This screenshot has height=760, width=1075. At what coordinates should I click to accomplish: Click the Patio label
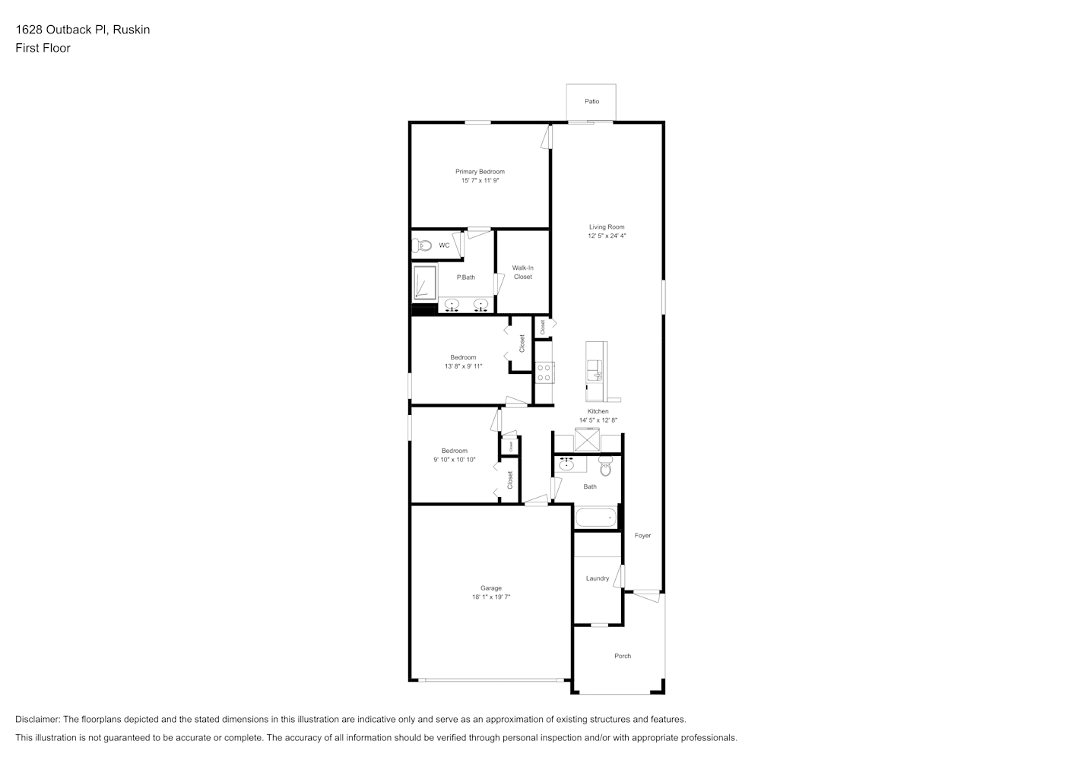point(591,101)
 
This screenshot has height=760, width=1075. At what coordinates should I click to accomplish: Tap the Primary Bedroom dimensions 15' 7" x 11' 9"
point(480,180)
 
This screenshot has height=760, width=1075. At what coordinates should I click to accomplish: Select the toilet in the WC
point(422,245)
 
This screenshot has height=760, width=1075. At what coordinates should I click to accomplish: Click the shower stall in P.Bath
point(425,283)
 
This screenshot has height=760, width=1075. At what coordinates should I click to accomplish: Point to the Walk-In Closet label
point(522,272)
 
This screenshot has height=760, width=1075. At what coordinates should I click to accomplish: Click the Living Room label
point(607,227)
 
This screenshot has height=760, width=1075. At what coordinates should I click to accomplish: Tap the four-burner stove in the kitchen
point(544,372)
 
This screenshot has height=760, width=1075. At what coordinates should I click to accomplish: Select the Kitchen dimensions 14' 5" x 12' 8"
point(598,420)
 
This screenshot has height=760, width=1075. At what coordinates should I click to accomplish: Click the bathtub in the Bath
point(596,518)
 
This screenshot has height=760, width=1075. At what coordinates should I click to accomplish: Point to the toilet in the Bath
point(606,465)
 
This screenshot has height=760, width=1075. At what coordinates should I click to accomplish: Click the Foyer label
point(642,536)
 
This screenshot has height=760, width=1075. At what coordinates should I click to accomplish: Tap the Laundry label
point(598,578)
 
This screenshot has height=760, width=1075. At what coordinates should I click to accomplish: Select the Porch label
point(623,656)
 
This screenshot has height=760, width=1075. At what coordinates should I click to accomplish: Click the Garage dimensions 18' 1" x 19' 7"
point(491,597)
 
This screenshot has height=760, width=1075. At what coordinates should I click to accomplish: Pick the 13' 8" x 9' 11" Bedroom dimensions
point(463,366)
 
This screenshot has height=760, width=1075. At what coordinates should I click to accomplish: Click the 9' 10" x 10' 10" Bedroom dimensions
point(455,459)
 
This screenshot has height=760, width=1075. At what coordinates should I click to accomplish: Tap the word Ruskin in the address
point(132,30)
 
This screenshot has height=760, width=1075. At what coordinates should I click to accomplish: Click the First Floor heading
point(43,48)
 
